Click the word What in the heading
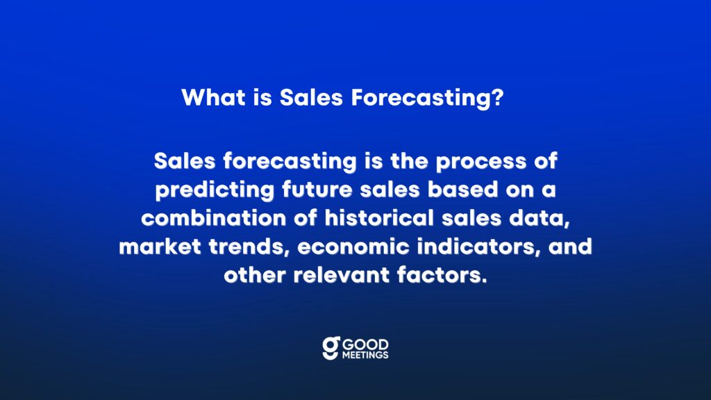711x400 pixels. pyautogui.click(x=214, y=97)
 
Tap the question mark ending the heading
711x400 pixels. pyautogui.click(x=497, y=97)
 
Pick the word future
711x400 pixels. pyautogui.click(x=317, y=190)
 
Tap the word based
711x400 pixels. pyautogui.click(x=462, y=190)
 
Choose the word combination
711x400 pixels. pyautogui.click(x=214, y=218)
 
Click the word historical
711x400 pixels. pyautogui.click(x=379, y=218)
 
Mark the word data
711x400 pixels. pyautogui.click(x=539, y=219)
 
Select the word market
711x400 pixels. pyautogui.click(x=160, y=247)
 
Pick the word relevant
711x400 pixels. pyautogui.click(x=342, y=275)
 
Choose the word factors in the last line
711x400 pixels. pyautogui.click(x=442, y=275)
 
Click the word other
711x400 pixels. pyautogui.click(x=255, y=275)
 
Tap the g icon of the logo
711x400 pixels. pyautogui.click(x=331, y=348)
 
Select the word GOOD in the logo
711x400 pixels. pyautogui.click(x=365, y=344)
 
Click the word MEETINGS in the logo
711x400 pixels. pyautogui.click(x=365, y=355)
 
